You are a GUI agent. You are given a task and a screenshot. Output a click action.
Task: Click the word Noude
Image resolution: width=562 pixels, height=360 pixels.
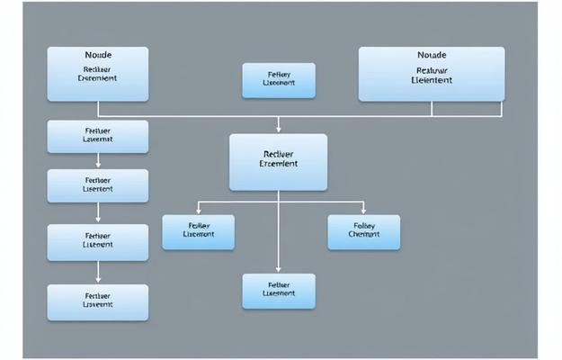point(97,56)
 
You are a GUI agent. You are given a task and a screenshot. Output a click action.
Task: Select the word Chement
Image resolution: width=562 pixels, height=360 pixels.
point(364,235)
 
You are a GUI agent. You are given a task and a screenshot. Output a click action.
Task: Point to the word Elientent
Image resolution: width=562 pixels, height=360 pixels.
point(432,80)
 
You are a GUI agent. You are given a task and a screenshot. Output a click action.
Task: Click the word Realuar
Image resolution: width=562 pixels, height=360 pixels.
point(433,69)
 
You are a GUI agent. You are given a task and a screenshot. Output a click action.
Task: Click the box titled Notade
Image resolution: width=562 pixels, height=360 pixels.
point(433,74)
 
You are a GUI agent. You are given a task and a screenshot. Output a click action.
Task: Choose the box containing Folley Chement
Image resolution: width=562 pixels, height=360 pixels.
point(364,231)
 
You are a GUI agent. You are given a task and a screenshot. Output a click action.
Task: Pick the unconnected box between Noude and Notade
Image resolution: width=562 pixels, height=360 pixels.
point(279,80)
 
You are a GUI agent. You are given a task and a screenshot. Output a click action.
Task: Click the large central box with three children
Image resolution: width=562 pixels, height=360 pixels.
point(278,162)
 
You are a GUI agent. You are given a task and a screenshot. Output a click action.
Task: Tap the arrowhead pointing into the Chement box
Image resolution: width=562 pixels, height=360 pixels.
point(363,211)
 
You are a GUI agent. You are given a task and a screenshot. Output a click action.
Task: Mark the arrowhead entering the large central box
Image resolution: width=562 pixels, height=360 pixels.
point(279,130)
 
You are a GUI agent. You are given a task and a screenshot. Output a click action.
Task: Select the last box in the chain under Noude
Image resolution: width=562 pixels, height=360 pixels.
point(97,302)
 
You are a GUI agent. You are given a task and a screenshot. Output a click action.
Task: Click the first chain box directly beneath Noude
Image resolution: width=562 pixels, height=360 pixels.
point(97,137)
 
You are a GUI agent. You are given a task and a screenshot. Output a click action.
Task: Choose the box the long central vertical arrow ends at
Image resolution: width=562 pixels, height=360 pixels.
point(279,291)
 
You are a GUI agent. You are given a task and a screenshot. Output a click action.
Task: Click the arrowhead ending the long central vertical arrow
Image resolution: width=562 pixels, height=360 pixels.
point(279,269)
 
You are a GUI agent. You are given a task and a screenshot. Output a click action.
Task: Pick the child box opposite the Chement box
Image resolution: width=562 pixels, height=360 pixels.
point(198,231)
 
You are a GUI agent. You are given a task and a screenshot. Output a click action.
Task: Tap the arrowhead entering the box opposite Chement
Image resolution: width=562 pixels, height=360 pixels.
point(198,211)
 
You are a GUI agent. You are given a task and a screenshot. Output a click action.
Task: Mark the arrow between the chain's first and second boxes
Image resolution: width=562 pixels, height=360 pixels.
point(97,163)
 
